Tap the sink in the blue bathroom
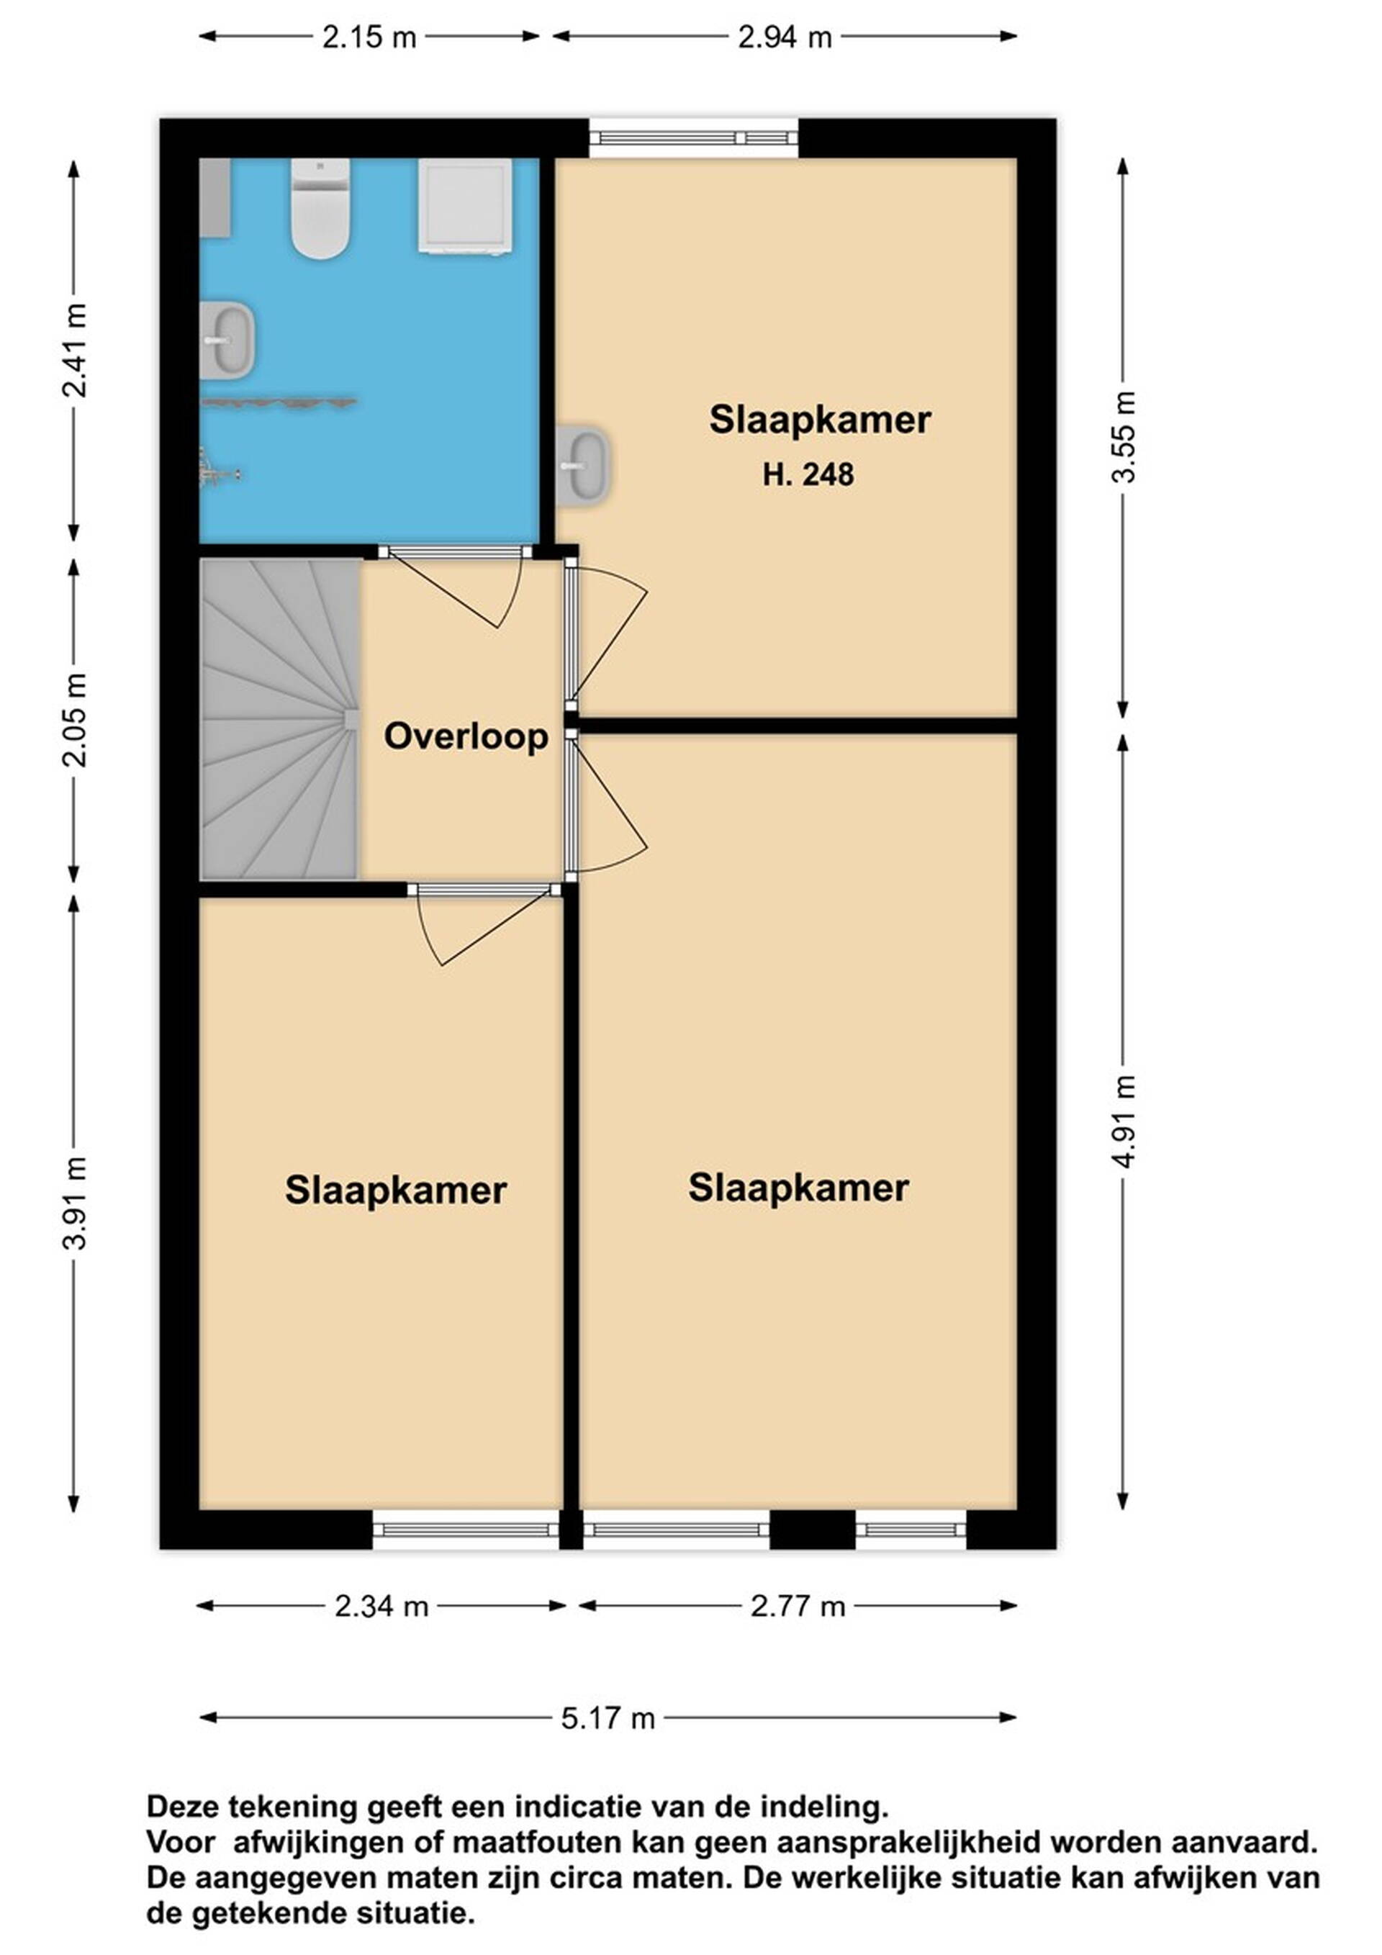click(227, 340)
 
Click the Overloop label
click(466, 736)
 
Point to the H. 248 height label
click(808, 474)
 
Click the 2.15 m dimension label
click(369, 37)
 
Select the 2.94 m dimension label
click(785, 37)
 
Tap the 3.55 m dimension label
click(1124, 437)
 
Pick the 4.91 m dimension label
click(1124, 1121)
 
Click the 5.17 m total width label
click(608, 1718)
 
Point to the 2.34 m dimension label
click(381, 1607)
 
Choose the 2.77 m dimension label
click(798, 1607)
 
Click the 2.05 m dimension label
click(75, 721)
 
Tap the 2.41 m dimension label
click(75, 350)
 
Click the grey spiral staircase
click(279, 718)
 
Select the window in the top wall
click(694, 138)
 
